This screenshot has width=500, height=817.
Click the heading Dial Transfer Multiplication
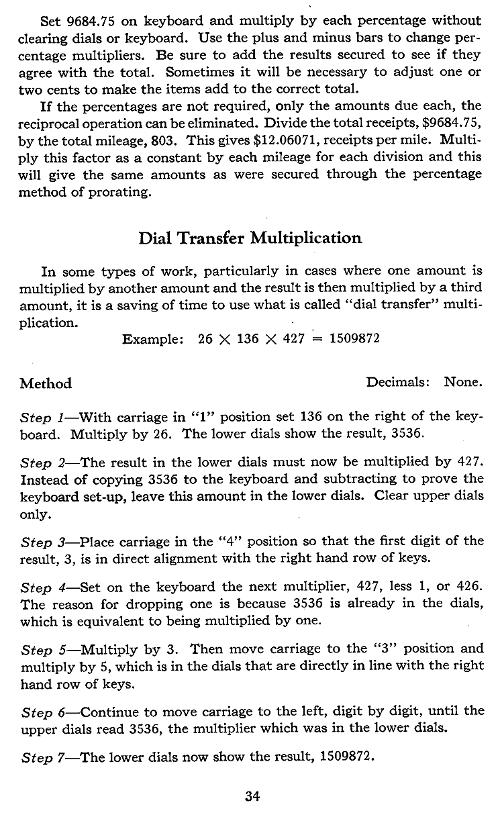(x=250, y=238)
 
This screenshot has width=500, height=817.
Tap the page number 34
(x=252, y=797)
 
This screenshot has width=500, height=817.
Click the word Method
(x=46, y=384)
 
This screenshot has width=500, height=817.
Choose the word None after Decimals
(x=463, y=383)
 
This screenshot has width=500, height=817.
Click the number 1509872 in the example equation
(x=354, y=339)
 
